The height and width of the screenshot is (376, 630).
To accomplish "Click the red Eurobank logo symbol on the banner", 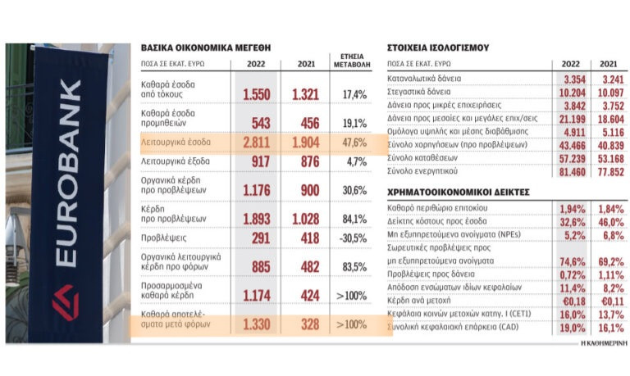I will point(66,302).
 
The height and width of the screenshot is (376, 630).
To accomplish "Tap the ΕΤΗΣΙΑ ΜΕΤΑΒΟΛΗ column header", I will point(353,61).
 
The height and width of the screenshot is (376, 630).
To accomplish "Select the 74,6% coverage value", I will point(571,261).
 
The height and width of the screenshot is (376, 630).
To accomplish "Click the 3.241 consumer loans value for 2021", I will point(609,79).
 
